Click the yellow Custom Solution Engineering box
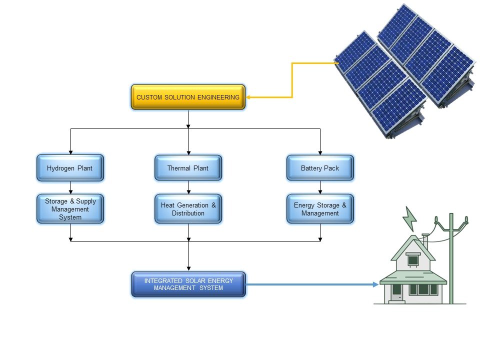188,97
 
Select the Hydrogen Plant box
70,168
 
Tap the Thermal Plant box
188,168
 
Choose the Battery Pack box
320,168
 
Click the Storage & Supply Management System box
70,209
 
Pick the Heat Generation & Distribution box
188,209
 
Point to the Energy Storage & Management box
320,209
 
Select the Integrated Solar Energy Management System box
188,284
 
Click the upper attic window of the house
413,260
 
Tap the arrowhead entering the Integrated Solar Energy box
188,267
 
